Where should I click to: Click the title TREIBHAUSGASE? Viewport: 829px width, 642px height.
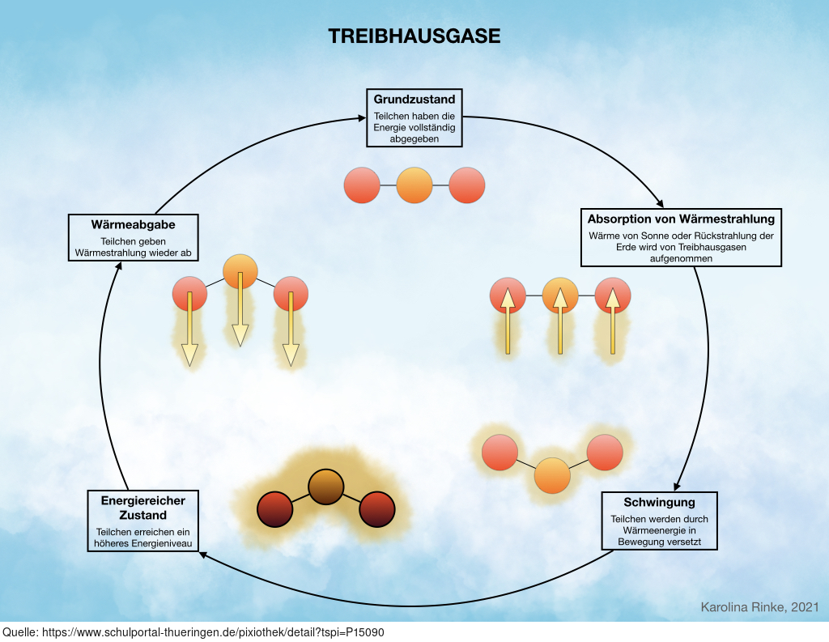coord(414,36)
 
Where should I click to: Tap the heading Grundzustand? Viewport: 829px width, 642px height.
coord(414,100)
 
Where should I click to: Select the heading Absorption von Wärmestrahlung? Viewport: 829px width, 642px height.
coord(681,219)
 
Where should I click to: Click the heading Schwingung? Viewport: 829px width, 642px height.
coord(659,502)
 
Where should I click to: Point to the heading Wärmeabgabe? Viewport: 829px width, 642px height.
coord(134,225)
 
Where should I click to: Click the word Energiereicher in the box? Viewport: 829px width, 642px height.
coord(143,501)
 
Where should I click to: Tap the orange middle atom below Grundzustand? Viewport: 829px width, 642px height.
coord(414,185)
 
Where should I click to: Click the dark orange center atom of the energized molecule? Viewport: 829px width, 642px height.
coord(326,487)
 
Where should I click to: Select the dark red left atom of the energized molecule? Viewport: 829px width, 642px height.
coord(275,509)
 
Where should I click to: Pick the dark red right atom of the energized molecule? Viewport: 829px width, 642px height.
coord(377,509)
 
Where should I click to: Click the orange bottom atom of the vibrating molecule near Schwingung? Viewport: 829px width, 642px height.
coord(552,475)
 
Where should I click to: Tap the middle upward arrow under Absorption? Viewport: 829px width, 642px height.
coord(560,321)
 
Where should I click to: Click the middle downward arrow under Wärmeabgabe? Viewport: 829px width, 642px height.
coord(240,309)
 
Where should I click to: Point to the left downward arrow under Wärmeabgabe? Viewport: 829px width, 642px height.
coord(189,329)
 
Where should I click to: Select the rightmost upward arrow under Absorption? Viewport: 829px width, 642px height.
coord(612,321)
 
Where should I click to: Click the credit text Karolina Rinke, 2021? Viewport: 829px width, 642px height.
coord(759,607)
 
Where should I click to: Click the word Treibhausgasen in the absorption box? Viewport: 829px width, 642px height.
coord(712,247)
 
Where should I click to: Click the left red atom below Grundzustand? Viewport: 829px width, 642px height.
coord(362,185)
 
